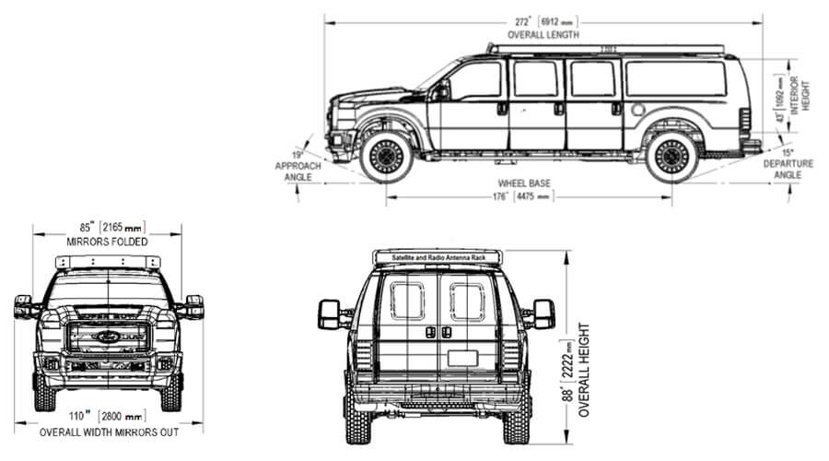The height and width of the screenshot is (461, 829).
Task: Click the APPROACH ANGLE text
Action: pyautogui.click(x=298, y=171)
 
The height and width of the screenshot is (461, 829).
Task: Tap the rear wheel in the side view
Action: pyautogui.click(x=671, y=157)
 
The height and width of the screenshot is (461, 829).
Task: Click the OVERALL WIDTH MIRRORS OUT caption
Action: pyautogui.click(x=108, y=431)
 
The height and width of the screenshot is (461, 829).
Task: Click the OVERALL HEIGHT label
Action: pyautogui.click(x=583, y=369)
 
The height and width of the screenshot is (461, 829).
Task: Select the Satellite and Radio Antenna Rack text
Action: pyautogui.click(x=438, y=255)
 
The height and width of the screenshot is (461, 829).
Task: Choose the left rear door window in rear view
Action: pyautogui.click(x=406, y=301)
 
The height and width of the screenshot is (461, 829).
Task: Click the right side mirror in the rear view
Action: pyautogui.click(x=542, y=313)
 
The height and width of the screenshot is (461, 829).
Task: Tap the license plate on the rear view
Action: pyautogui.click(x=461, y=358)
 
